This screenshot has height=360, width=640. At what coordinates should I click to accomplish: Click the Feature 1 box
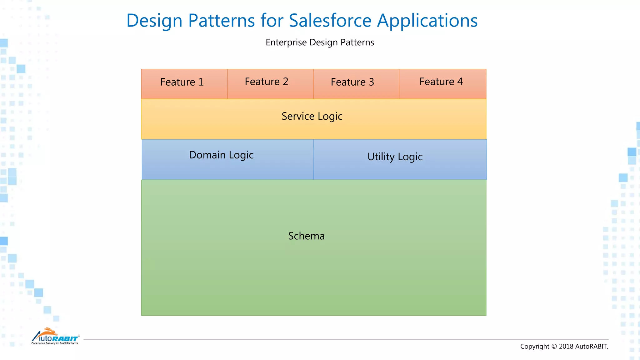tap(184, 84)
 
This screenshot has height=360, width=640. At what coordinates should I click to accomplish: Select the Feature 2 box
tap(270, 84)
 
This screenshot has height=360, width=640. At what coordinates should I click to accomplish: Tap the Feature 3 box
tap(356, 84)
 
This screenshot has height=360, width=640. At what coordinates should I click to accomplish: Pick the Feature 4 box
tap(442, 84)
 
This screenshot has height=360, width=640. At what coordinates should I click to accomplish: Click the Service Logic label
tap(312, 116)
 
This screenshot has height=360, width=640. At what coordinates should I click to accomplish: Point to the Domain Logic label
tap(221, 155)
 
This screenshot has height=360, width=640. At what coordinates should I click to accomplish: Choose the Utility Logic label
tap(395, 157)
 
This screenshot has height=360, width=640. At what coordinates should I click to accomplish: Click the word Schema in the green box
tap(306, 236)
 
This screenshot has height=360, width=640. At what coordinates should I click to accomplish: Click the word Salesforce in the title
tap(330, 21)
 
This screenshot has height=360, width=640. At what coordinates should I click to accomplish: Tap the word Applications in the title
tap(427, 21)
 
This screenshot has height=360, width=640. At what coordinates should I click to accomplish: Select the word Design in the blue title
tap(154, 21)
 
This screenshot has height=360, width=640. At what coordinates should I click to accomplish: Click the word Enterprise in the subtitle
tap(286, 42)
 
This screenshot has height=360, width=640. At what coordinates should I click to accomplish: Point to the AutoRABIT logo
tap(55, 337)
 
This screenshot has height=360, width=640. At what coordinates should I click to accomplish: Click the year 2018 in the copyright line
tap(566, 346)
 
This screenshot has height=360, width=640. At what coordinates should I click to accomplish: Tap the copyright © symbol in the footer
tap(554, 346)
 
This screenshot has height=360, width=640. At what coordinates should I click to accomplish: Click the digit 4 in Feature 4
tap(460, 82)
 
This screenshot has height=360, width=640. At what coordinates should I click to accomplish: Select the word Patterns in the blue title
tap(221, 21)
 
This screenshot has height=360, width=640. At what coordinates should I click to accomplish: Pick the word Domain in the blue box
tap(207, 155)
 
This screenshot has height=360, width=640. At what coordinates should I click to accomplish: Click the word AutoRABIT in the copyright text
tap(591, 346)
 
